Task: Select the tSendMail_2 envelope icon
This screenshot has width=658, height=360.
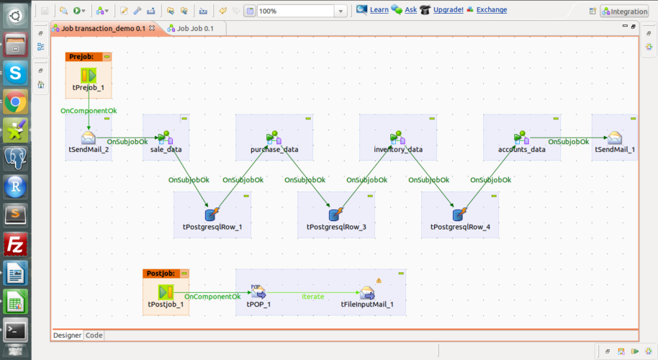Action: pos(89,138)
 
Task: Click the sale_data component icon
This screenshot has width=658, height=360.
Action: pos(166,138)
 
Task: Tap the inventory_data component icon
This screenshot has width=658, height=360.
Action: pos(397,138)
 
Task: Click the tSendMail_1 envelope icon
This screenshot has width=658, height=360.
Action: pos(614,138)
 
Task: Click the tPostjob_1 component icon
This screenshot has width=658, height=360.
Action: pos(166,292)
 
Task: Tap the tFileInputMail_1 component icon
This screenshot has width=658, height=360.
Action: pos(367,292)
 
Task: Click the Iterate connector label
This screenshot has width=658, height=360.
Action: pos(312,297)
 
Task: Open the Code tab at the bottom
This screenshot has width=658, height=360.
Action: pos(94,335)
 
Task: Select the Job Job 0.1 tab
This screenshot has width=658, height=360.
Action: pos(193,28)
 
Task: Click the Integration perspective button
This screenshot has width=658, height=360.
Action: pos(624,12)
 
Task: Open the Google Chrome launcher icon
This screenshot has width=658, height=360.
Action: pos(15,102)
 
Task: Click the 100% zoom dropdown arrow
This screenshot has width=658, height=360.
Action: pos(341,12)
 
